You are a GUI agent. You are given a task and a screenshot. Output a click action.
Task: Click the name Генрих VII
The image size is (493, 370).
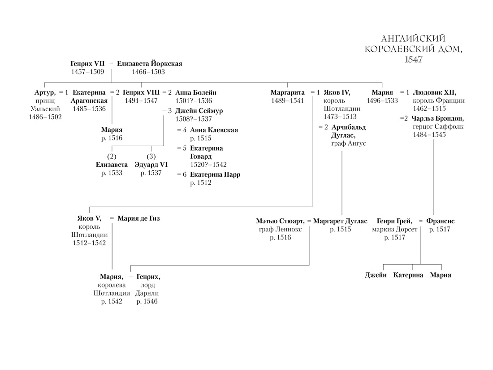point(87,64)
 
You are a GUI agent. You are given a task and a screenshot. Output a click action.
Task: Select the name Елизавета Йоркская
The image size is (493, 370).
point(150,64)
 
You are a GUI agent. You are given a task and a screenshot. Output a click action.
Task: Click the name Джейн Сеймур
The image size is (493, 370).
point(199,111)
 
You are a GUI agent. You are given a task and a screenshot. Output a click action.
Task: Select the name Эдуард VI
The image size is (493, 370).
point(151,165)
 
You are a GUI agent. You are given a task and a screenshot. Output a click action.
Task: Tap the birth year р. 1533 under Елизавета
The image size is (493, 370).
point(112,173)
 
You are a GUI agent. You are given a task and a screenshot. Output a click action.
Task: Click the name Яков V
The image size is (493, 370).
point(89,218)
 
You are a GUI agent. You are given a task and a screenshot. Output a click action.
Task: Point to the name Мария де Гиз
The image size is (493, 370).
point(138,218)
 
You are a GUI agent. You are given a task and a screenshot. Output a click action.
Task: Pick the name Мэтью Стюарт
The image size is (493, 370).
point(280,221)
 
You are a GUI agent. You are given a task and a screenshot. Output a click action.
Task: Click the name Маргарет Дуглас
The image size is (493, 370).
point(340,221)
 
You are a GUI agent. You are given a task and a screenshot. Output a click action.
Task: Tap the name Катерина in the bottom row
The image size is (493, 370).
point(408,275)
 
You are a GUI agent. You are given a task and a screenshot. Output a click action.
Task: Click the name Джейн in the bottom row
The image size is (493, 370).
point(376,275)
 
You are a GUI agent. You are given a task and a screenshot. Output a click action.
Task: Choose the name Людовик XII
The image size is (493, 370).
point(434,93)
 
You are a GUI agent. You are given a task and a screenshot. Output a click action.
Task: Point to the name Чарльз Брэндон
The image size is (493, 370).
point(438,119)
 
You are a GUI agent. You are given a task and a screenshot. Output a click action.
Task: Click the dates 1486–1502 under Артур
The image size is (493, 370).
point(46,117)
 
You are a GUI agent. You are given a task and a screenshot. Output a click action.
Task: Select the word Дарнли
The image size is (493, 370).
point(147,293)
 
